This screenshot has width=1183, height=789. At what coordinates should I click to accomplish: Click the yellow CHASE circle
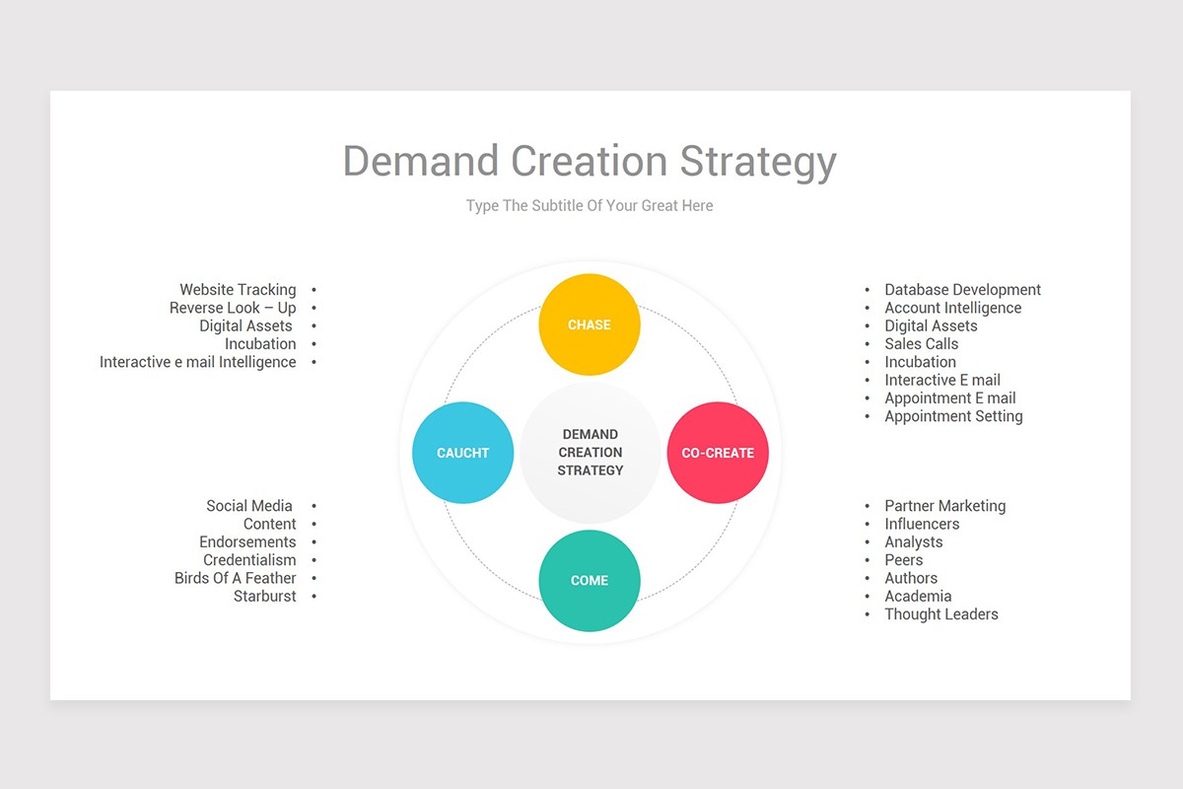[590, 324]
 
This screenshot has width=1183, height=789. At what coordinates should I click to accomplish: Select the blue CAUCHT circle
[462, 453]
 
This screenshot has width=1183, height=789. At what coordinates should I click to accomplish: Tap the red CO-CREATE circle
[718, 453]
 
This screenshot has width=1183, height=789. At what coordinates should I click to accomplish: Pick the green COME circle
[590, 580]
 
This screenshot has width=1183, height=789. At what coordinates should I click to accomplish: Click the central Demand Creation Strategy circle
[591, 453]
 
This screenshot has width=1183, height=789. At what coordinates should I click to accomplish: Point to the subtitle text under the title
[590, 206]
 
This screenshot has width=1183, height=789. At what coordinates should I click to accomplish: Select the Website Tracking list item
[238, 290]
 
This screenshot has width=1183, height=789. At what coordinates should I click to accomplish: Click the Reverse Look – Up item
[233, 308]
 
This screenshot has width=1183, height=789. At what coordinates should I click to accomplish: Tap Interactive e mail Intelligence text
[197, 362]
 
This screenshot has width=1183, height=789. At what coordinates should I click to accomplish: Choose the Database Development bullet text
[962, 290]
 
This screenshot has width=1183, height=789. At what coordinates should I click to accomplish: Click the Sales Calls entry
[921, 344]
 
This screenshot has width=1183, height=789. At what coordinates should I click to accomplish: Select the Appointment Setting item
[953, 416]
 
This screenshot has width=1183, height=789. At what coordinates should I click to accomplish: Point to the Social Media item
[249, 506]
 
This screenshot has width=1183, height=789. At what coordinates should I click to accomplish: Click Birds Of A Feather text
[236, 578]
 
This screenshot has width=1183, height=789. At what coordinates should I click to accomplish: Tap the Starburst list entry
[265, 596]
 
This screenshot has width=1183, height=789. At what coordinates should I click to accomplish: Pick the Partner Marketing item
[944, 506]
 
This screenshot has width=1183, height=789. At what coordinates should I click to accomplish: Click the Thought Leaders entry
[940, 614]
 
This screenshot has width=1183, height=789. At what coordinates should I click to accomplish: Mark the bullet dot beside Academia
[868, 597]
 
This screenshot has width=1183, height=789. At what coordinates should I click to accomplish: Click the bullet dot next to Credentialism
[313, 560]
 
